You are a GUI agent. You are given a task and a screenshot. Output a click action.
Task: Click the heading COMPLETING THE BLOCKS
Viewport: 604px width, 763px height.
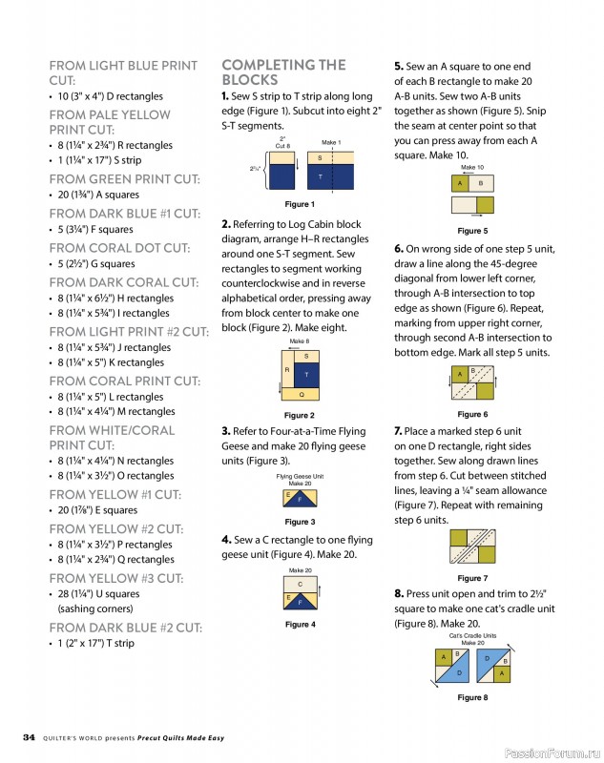283,72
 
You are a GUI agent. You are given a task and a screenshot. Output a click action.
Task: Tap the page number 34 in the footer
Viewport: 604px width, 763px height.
29,736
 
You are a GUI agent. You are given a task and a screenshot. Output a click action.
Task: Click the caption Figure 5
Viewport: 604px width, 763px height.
471,231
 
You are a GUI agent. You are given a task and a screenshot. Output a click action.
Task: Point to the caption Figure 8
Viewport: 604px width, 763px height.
471,697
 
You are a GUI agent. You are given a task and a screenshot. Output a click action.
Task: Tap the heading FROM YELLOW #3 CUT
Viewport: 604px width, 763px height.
124,578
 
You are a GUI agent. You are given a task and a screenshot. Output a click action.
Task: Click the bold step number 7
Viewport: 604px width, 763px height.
398,431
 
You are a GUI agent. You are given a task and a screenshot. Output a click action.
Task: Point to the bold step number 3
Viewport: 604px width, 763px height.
225,431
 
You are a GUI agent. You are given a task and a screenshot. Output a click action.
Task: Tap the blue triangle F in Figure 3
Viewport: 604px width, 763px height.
301,499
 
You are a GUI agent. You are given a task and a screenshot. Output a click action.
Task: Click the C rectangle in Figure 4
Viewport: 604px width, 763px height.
301,585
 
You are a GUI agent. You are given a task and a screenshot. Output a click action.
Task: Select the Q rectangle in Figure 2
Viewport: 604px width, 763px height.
302,393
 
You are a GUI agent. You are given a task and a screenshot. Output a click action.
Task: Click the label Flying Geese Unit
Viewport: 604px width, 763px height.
300,476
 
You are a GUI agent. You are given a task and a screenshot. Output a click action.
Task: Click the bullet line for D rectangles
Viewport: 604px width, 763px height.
110,96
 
